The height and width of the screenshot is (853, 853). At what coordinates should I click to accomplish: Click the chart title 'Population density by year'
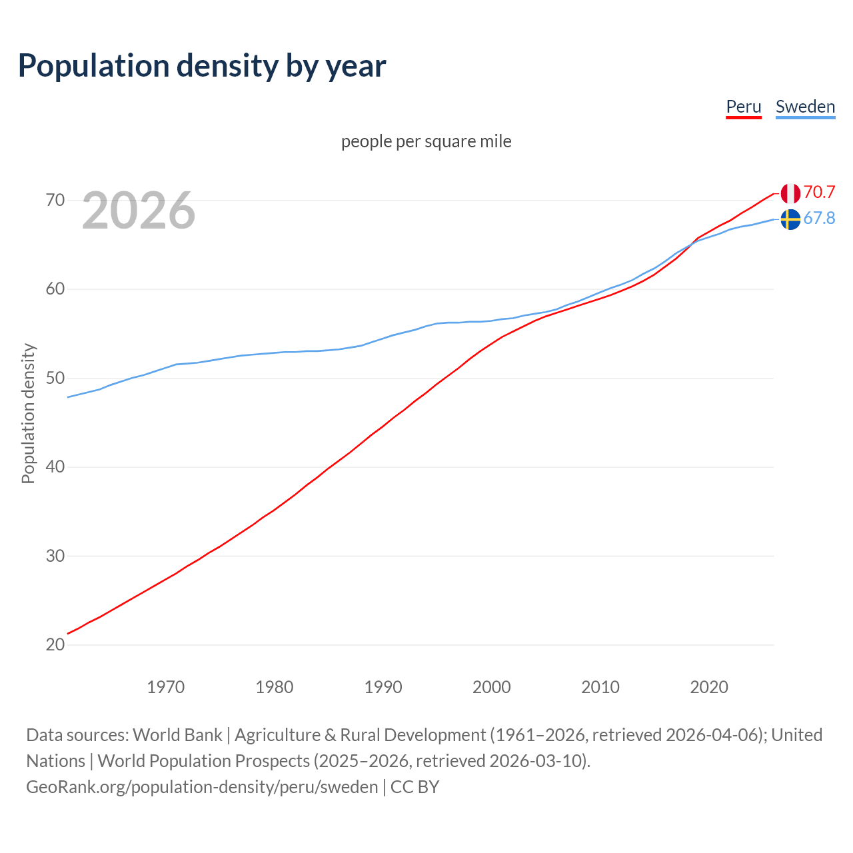(202, 65)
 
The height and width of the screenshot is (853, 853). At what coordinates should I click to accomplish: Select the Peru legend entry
(743, 107)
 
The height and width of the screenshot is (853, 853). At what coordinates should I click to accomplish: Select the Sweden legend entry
(805, 107)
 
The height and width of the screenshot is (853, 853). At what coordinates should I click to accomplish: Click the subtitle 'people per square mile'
(426, 141)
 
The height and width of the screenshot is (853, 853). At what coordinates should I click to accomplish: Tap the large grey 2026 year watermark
(139, 211)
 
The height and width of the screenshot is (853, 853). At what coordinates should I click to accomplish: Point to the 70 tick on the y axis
(55, 200)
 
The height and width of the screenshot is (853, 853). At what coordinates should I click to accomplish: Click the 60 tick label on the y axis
(55, 289)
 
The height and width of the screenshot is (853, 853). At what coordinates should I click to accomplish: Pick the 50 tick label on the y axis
(55, 378)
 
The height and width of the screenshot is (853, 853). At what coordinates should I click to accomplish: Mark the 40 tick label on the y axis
(55, 466)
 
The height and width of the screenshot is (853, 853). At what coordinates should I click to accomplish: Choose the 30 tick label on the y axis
(55, 556)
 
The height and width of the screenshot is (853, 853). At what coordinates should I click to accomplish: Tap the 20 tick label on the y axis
(55, 644)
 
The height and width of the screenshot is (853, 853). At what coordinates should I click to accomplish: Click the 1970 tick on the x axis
(166, 687)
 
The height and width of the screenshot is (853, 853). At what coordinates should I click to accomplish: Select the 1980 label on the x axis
(275, 687)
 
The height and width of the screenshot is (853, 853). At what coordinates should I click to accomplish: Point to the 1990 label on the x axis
(383, 687)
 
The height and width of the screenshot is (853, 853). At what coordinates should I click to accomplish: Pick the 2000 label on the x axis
(492, 687)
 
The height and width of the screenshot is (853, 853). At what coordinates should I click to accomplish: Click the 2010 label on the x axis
(600, 687)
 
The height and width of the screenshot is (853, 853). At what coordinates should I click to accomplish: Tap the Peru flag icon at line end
(790, 193)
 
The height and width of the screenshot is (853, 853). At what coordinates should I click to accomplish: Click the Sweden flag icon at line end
(790, 219)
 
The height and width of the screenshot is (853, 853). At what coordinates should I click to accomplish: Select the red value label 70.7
(819, 192)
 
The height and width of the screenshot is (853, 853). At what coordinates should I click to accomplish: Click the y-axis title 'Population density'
(28, 413)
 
